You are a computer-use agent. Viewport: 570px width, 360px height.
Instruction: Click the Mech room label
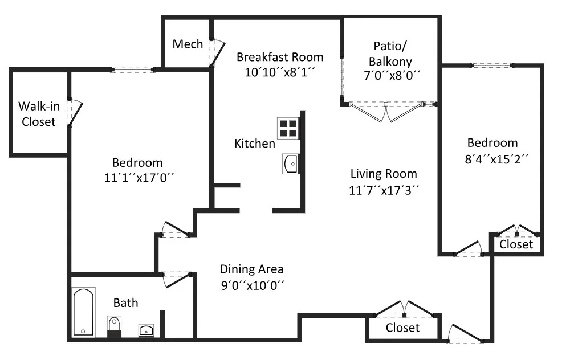pos(188,44)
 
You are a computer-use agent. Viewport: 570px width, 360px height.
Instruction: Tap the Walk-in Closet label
pos(39,114)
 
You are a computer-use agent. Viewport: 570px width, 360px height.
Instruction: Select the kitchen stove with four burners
pos(288,128)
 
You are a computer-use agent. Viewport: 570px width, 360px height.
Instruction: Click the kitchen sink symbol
pos(291,164)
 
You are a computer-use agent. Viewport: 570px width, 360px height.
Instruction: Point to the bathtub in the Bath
pos(84,312)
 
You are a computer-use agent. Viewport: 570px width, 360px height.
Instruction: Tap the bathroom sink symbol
pos(146,330)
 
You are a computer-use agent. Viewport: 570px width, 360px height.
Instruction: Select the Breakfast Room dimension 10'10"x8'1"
pos(279,72)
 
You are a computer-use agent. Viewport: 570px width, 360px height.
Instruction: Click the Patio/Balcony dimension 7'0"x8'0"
pos(392,76)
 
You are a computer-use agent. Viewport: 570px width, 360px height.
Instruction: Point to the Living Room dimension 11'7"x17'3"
pos(384,190)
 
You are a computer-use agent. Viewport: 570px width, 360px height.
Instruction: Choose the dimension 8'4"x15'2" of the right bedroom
pos(496,159)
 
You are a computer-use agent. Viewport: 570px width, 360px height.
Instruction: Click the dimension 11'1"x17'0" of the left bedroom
pos(139,178)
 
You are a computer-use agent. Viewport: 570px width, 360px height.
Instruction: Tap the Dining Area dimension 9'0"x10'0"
pos(253,285)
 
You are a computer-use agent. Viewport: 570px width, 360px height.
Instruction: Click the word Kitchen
pos(254,144)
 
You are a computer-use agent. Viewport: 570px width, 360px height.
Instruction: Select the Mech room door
pos(217,53)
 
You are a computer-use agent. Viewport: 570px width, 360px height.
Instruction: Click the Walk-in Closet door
pos(75,113)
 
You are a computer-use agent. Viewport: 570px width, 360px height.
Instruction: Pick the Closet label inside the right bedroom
pos(516,244)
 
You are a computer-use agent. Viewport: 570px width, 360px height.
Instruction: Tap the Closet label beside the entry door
pos(402,328)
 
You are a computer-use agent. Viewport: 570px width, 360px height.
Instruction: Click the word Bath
pos(126,303)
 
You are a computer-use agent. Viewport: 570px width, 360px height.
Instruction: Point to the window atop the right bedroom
pos(492,66)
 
